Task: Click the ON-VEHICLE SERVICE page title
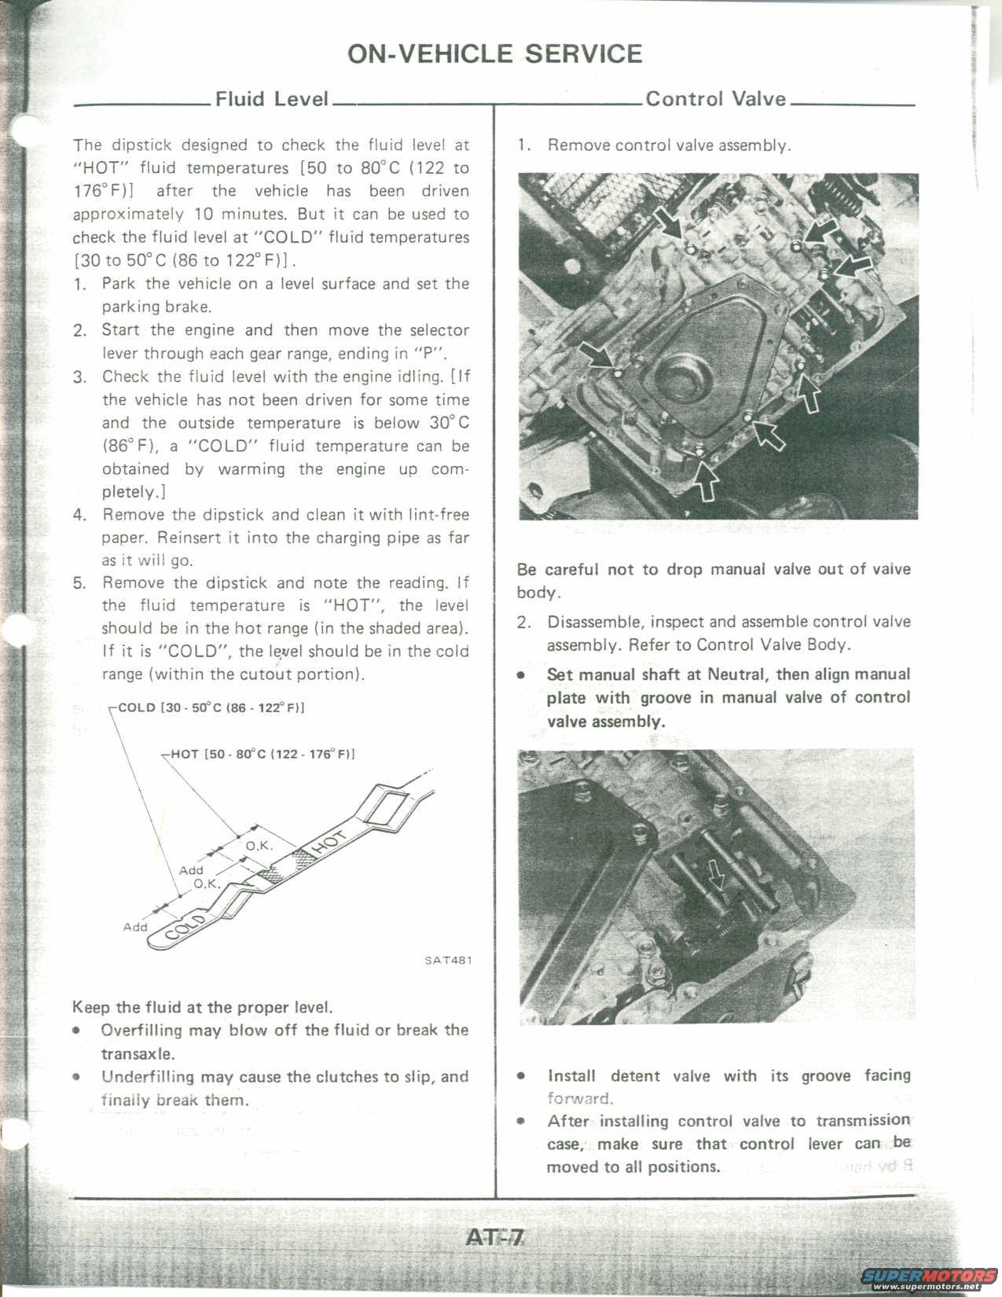coord(494,53)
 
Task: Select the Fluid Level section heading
coord(271,99)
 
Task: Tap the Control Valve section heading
coord(715,99)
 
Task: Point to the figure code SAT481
coord(448,960)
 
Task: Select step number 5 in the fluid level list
coord(79,584)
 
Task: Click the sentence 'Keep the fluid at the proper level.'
coord(203,1007)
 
